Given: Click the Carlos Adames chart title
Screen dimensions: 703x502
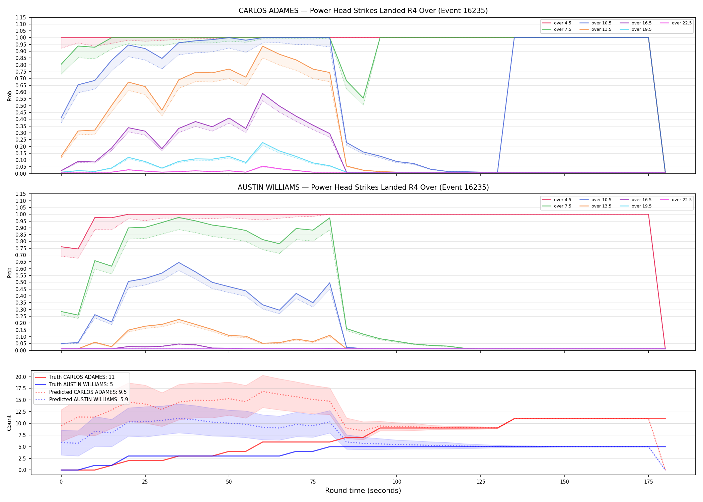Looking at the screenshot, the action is (x=363, y=11).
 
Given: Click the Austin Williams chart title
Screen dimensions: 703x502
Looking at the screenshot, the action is (x=363, y=187).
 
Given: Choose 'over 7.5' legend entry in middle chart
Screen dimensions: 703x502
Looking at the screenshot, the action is (x=556, y=206).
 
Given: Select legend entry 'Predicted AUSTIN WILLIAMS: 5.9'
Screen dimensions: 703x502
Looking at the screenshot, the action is (x=81, y=400).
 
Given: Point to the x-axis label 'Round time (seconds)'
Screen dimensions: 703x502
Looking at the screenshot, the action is (x=363, y=491).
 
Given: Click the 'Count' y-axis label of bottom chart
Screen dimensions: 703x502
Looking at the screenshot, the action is (x=9, y=423).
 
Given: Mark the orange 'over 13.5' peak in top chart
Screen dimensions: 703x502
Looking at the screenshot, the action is (x=263, y=46).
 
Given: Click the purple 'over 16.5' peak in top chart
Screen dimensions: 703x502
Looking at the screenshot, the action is (x=263, y=93).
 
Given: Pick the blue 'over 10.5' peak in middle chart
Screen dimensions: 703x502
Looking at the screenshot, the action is (x=179, y=262).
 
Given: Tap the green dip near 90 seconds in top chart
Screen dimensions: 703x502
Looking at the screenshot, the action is (x=363, y=98).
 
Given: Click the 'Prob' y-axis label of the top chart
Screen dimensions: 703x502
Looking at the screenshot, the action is (x=9, y=96).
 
